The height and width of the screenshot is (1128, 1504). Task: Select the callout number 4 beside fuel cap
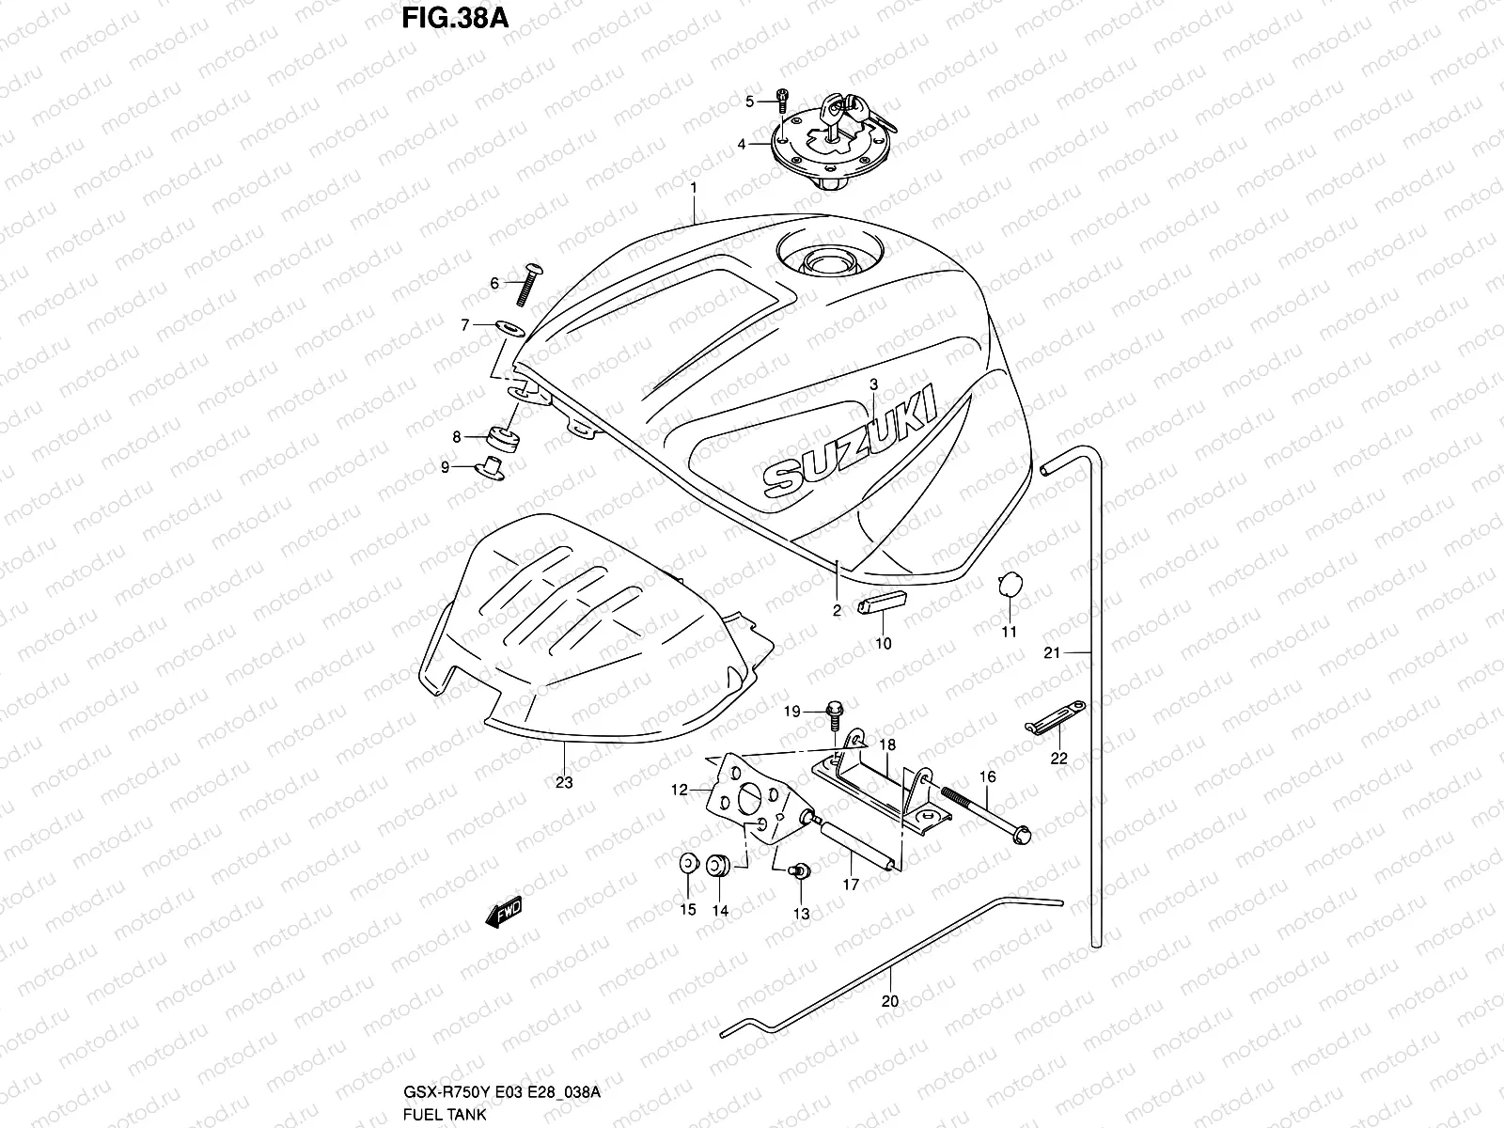click(742, 145)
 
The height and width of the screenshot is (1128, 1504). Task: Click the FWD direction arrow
click(504, 913)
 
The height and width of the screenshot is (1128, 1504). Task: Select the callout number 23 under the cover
click(564, 782)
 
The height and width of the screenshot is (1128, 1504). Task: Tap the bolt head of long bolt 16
click(1023, 833)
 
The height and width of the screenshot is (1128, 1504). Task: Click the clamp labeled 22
click(1053, 714)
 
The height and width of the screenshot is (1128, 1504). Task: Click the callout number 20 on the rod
click(889, 1001)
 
